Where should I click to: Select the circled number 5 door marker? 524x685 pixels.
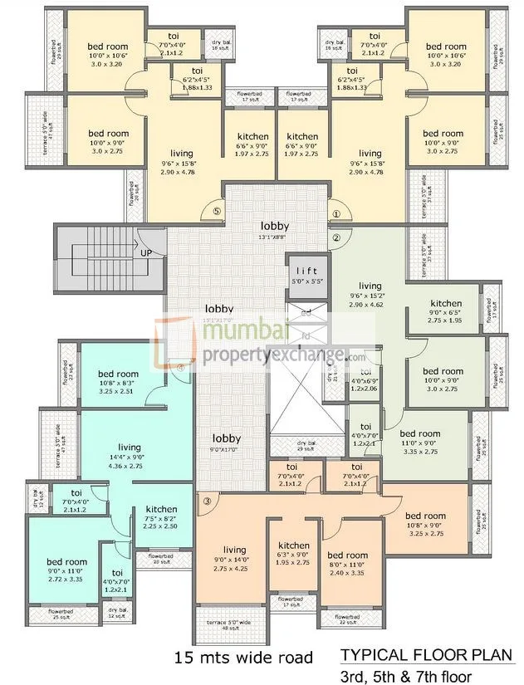tap(217, 213)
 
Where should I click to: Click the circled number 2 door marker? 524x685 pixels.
tap(335, 238)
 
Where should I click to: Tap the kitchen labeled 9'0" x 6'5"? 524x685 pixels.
tap(446, 308)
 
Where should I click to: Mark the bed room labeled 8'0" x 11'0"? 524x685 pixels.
tap(347, 560)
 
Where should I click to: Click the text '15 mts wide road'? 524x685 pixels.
tap(243, 658)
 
